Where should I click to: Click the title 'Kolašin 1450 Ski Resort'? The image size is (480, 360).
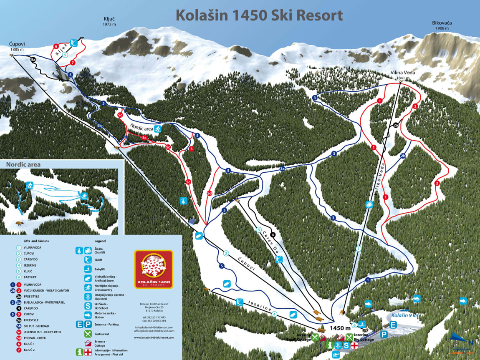[x=259, y=15]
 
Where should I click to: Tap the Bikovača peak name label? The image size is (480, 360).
[x=442, y=23]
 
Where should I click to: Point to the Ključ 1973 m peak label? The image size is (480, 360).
[x=109, y=19]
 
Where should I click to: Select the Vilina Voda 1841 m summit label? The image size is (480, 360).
[x=403, y=73]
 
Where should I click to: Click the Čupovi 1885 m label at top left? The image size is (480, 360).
[x=17, y=43]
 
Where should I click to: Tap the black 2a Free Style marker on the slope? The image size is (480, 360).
[x=396, y=125]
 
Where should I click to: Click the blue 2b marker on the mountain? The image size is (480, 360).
[x=403, y=156]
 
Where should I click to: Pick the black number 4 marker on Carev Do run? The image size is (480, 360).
[x=273, y=234]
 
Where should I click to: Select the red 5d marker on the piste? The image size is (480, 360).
[x=210, y=193]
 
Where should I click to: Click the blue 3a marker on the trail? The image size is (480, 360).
[x=283, y=169]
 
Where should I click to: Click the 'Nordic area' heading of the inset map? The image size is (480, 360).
[x=23, y=165]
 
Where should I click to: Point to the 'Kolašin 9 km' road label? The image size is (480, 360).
[x=406, y=315]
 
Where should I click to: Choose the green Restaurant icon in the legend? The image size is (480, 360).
[x=88, y=334]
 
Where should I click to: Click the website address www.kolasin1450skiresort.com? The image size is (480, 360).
[x=154, y=337]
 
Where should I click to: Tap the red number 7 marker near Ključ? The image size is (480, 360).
[x=73, y=63]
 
